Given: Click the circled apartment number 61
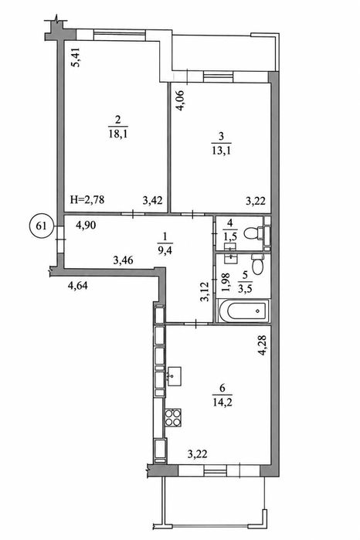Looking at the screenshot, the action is coord(42,226).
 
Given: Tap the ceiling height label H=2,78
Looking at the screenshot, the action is coord(87,199).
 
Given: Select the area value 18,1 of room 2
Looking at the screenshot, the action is coord(118,134).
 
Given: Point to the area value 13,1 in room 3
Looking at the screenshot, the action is coord(221,150).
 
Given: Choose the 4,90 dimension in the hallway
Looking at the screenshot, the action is coord(86,226).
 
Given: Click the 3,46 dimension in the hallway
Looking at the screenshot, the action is coord(124,260).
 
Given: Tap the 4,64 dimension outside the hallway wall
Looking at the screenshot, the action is coord(77,286).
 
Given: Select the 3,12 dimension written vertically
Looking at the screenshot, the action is coord(205,292).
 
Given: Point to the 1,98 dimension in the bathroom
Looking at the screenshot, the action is coord(226,282).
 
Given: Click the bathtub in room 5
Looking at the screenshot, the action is coord(243,311).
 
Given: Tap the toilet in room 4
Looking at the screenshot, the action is coord(257,234).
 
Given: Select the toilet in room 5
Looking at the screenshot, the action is coord(257,263).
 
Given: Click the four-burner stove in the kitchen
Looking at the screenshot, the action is coord(172,417).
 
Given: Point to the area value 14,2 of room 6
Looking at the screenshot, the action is coord(222,402).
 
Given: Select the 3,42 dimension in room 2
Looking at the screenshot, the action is coord(152,200).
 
